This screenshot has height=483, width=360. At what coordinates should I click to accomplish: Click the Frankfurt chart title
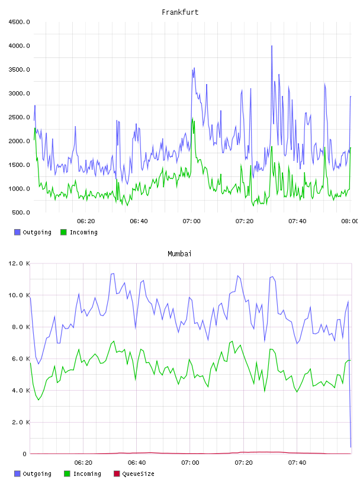coord(180,12)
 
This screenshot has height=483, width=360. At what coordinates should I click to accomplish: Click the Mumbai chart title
coord(179,254)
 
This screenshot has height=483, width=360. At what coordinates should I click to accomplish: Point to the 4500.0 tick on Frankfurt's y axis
coord(19,22)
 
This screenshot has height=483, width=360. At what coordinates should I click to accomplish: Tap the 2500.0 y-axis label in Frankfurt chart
coord(19,117)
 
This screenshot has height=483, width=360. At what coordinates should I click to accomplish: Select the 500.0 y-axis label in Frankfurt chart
coord(21,212)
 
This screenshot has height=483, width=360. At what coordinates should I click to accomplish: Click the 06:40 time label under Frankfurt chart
coord(139,221)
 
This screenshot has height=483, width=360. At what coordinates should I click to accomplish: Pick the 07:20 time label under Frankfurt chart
coord(245,221)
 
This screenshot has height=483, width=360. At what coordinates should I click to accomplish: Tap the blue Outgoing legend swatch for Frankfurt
coord(17,232)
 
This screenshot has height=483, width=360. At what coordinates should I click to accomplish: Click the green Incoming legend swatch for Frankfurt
coord(63,232)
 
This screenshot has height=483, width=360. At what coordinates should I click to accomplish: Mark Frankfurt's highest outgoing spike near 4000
coord(272,46)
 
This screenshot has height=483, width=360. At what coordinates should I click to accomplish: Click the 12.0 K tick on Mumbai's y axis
coord(19,263)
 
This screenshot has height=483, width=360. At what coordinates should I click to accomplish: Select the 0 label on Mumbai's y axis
coord(25,454)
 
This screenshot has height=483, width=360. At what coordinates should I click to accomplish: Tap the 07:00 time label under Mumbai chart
coord(190,463)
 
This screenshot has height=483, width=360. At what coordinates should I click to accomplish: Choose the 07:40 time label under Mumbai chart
coord(297,463)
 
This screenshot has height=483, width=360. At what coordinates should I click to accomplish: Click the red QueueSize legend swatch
coord(117,474)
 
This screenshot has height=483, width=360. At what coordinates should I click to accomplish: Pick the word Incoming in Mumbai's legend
coord(87,474)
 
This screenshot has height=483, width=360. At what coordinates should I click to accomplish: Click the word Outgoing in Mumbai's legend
coord(37,474)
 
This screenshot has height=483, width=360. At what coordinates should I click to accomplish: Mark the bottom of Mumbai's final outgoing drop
coord(351,447)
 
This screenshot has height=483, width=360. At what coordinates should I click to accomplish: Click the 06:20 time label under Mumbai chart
coord(83,463)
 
